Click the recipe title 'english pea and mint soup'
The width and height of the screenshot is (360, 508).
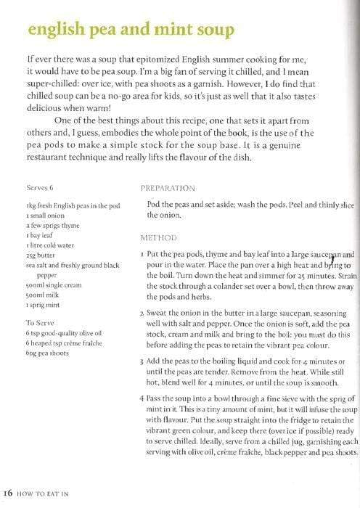point(131,30)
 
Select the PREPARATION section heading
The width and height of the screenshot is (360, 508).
point(168,187)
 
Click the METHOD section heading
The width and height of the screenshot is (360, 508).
point(157,237)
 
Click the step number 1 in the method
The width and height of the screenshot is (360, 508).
point(142,255)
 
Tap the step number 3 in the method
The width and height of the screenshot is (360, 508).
point(142,361)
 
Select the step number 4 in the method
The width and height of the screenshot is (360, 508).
point(142,399)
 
